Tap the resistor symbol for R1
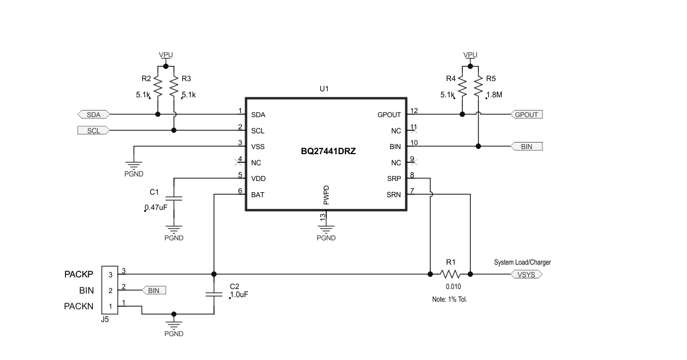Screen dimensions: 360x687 click(450, 274)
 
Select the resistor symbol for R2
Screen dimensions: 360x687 click(157, 87)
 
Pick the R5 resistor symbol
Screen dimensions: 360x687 click(478, 87)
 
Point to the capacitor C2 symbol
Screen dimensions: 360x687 click(214, 294)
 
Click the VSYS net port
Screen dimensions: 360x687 click(527, 274)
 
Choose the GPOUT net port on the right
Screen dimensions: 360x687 click(526, 115)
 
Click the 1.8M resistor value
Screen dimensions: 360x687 click(494, 95)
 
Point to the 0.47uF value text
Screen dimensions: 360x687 click(156, 207)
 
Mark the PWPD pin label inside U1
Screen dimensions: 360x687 click(326, 195)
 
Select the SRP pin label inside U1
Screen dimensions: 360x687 click(394, 179)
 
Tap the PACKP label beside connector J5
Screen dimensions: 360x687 click(79, 274)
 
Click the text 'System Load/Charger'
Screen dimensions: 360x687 click(522, 262)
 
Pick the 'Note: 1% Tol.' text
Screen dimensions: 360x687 click(450, 299)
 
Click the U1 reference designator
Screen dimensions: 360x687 click(324, 89)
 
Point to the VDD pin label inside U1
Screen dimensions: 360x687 click(258, 179)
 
